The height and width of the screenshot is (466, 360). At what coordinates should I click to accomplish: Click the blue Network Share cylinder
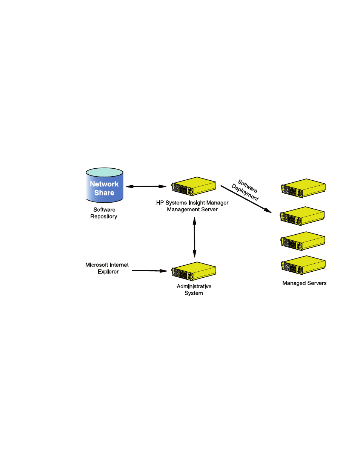[x=105, y=185]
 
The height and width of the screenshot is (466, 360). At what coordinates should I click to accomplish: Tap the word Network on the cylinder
[x=104, y=184]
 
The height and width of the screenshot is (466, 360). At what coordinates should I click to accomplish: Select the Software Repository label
[x=104, y=213]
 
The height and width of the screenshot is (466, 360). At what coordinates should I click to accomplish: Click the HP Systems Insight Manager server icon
[x=194, y=186]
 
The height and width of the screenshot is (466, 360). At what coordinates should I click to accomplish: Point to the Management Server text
[x=192, y=209]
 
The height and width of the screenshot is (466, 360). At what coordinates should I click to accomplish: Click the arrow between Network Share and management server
[x=146, y=186]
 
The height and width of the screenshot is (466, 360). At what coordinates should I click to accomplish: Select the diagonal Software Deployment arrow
[x=246, y=199]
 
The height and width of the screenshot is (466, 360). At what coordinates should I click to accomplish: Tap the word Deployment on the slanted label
[x=245, y=192]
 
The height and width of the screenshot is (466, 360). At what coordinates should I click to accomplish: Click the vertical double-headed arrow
[x=194, y=237]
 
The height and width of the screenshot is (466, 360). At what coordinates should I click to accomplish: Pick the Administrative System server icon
[x=194, y=271]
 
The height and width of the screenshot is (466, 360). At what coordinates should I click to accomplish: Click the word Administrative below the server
[x=194, y=286]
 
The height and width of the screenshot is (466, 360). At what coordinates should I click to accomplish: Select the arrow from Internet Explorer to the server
[x=149, y=271]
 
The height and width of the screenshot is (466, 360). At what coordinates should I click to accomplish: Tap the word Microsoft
[x=97, y=265]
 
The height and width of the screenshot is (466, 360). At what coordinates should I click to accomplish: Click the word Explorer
[x=108, y=272]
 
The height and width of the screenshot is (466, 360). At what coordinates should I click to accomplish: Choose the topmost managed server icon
[x=303, y=188]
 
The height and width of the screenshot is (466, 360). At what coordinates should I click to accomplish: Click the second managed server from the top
[x=302, y=216]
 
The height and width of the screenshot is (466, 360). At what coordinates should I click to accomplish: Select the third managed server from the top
[x=303, y=241]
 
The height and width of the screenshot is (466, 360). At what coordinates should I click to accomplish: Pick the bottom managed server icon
[x=303, y=265]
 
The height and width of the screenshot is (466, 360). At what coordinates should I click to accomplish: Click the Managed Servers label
[x=305, y=283]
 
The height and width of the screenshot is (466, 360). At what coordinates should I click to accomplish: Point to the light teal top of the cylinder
[x=105, y=172]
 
